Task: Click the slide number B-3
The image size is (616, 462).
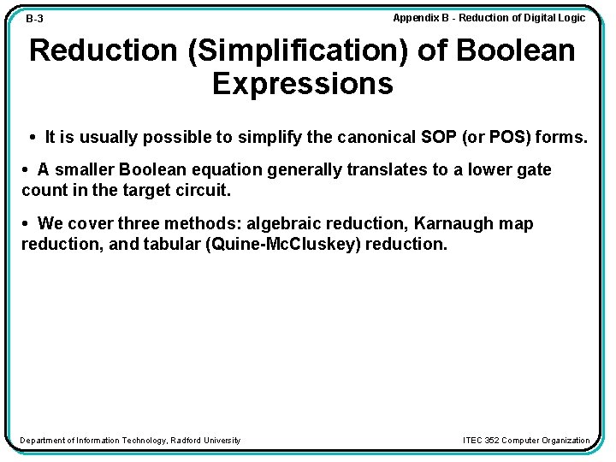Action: coord(35,19)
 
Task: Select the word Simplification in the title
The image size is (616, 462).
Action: coord(285,50)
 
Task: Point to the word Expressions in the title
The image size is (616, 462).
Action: coord(303,84)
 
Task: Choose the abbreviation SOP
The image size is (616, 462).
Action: coord(435,137)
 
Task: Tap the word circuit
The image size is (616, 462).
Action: coord(202,189)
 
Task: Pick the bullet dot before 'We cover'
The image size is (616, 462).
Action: coord(27,223)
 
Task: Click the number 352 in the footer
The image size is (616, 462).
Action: coord(492,441)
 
